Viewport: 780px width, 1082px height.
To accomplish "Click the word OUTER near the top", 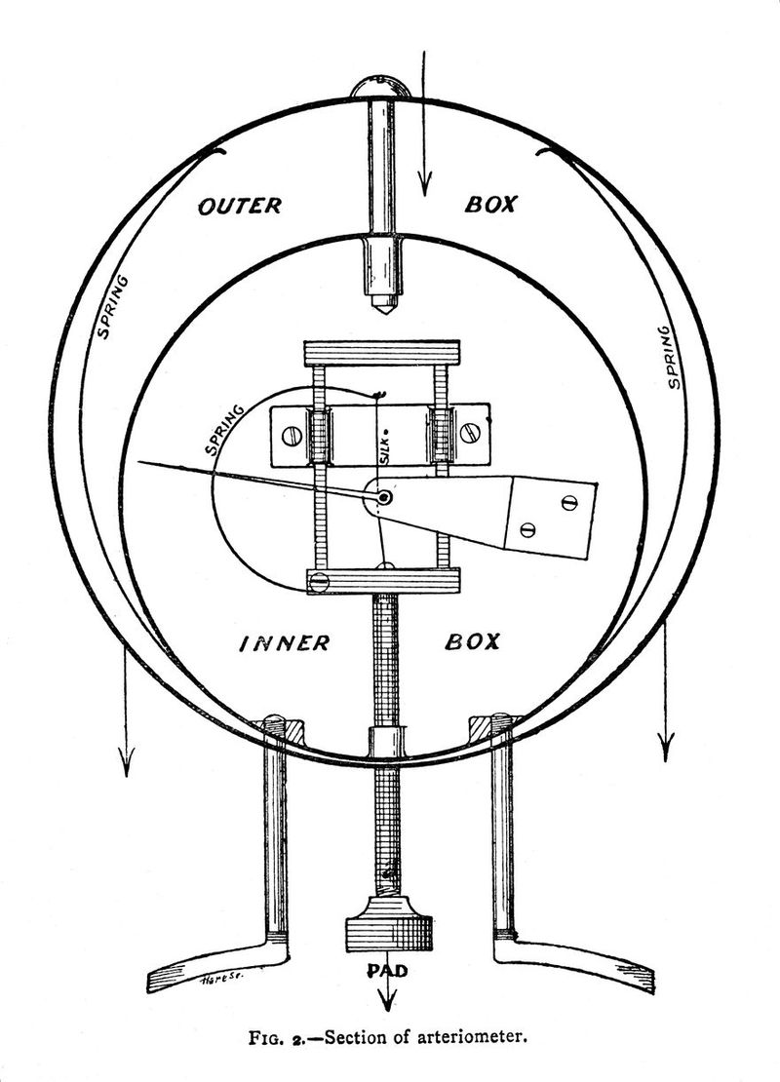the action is (240, 206).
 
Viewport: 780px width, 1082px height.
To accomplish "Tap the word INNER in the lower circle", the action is (285, 643).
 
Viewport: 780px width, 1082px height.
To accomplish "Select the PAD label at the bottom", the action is (387, 970).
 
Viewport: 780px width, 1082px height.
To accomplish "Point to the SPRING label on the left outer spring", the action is (112, 307).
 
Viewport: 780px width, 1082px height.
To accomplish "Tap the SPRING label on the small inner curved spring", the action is (225, 431).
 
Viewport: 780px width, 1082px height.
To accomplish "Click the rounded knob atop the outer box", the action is (379, 88).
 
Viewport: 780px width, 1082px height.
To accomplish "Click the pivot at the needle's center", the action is (383, 497).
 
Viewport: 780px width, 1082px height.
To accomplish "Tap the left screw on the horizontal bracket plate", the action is (290, 436).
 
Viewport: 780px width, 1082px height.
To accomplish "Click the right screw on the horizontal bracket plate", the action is (472, 433).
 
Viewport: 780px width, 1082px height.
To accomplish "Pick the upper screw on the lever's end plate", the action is (568, 502).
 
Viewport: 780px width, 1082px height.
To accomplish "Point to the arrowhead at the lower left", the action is (126, 762).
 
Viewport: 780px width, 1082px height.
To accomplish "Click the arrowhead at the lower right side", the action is (665, 748).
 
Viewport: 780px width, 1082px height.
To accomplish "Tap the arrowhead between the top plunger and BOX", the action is (424, 182).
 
